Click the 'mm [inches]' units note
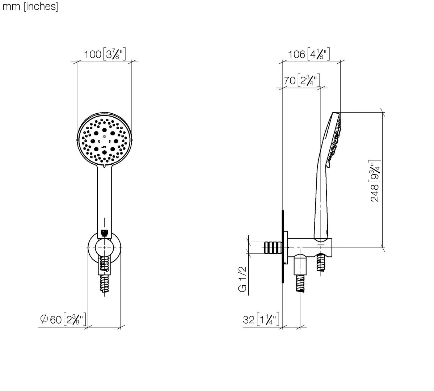pos(30,7)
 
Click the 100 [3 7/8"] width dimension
pos(105,54)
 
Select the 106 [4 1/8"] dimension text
pos(309,54)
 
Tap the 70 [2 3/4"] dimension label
pos(302,80)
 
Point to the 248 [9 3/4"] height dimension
pos(376,181)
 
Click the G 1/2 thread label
pos(242,279)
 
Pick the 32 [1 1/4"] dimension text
pos(261,320)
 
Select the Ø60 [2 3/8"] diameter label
pos(63,319)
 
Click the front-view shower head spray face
pos(104,140)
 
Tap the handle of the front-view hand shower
pos(104,199)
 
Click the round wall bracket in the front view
pos(104,248)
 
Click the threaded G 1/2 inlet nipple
pos(273,248)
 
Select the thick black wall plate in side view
pos(283,247)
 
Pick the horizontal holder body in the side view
pos(310,247)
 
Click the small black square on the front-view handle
pos(104,233)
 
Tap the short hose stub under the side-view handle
pos(321,262)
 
